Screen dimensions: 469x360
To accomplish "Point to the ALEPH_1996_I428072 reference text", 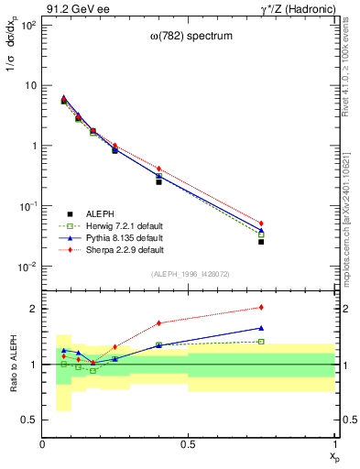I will (x=189, y=274).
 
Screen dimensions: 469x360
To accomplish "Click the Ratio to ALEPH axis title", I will (x=12, y=365).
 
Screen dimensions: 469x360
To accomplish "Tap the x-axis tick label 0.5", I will (x=189, y=444).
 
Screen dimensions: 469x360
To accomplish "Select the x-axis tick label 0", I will (x=43, y=444).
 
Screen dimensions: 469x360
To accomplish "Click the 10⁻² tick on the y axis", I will (x=27, y=267).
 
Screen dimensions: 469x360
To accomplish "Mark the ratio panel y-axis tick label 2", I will (x=34, y=309).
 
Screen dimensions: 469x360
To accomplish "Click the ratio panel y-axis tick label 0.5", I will (x=30, y=420).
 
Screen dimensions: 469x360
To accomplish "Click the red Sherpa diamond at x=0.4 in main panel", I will (x=158, y=169).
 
